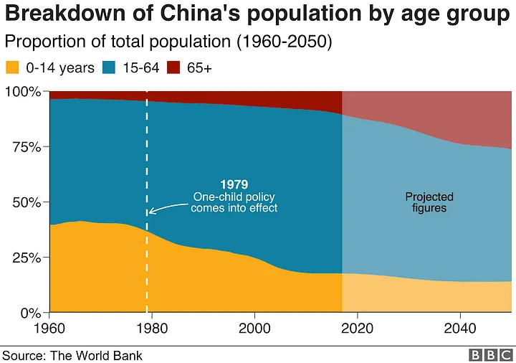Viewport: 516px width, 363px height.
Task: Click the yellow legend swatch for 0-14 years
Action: tap(13, 69)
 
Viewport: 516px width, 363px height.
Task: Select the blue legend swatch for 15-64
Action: tap(108, 69)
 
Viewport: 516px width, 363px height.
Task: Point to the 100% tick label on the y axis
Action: tap(24, 92)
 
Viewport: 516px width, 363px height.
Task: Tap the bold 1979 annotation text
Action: tap(234, 184)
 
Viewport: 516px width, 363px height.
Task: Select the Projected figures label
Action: tap(429, 202)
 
